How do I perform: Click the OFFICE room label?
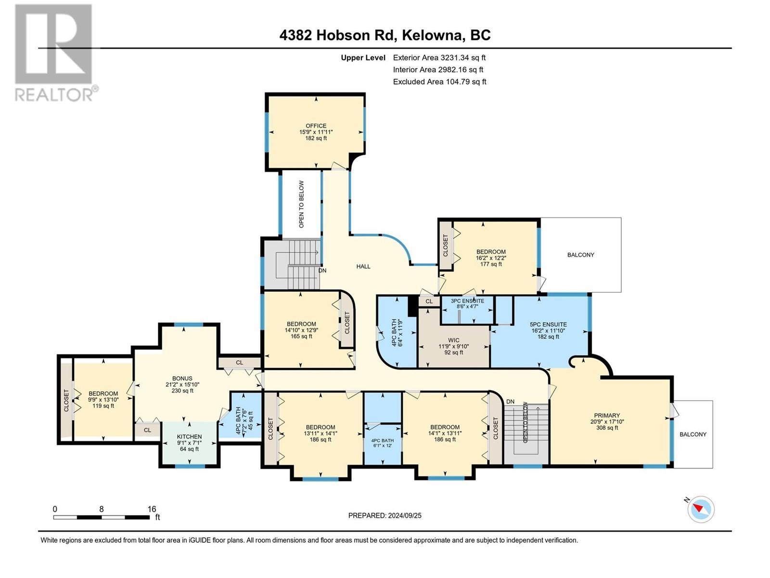(316, 126)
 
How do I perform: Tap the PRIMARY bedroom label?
(607, 415)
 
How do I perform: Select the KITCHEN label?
(189, 436)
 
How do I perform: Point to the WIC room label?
(453, 340)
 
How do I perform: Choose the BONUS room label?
(182, 379)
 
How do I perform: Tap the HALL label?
(363, 266)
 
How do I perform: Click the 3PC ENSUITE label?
(467, 301)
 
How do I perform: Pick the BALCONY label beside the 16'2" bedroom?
(580, 255)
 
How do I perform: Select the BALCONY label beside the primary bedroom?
(693, 434)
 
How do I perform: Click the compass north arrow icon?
(700, 509)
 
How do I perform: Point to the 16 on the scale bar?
(152, 509)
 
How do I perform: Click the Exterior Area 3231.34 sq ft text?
(439, 58)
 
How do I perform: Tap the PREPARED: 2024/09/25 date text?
(385, 515)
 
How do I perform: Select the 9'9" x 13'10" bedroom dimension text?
(103, 400)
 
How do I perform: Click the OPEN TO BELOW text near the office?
(301, 204)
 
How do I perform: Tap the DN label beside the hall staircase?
(322, 271)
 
